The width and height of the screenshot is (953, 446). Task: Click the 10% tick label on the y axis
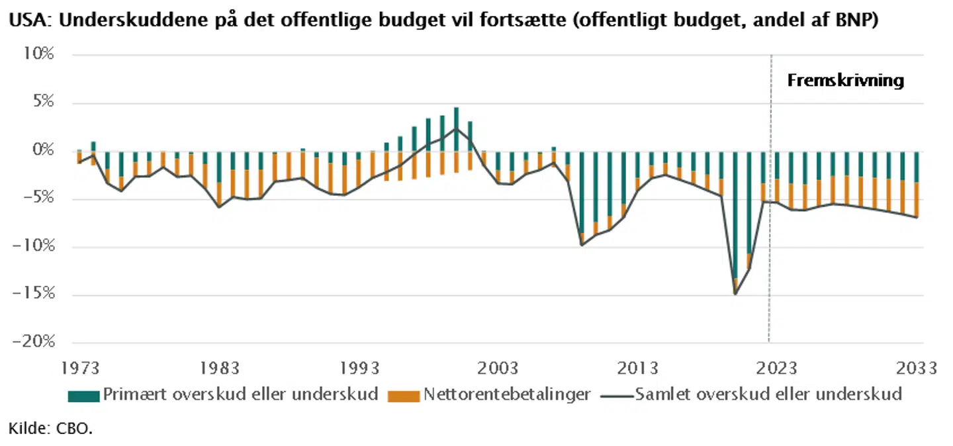(38, 55)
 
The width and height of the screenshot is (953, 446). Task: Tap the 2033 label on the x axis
(917, 369)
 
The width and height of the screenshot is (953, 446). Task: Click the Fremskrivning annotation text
(845, 81)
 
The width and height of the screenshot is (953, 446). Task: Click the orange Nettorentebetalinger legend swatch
(403, 396)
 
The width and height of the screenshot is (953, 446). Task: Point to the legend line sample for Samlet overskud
(615, 396)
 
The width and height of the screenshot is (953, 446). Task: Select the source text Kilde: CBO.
(50, 429)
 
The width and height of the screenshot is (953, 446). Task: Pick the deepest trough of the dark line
(735, 294)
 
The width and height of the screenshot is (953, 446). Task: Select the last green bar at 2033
(917, 167)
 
